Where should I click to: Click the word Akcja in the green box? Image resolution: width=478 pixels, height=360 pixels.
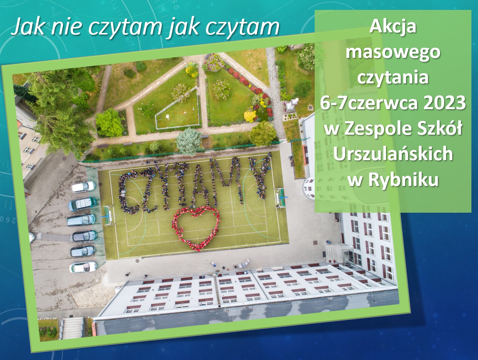coord(393,27)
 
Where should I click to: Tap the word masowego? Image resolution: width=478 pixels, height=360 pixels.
coord(393,52)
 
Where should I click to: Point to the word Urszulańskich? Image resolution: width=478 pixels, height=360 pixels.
coord(393,154)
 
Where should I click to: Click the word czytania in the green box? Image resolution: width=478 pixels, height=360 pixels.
coord(393,78)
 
